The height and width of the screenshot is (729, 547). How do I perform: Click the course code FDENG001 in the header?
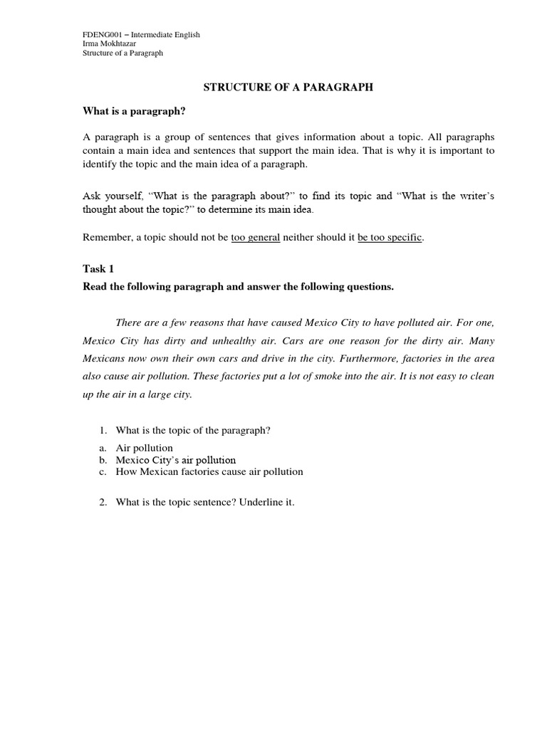101,33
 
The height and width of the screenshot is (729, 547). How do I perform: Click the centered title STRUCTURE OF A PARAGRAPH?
288,87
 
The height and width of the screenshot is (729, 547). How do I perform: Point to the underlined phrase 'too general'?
256,238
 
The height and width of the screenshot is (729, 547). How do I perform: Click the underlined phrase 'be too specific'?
390,238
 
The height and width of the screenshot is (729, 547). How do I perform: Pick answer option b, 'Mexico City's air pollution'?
175,460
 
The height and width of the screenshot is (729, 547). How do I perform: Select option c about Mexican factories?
209,471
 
